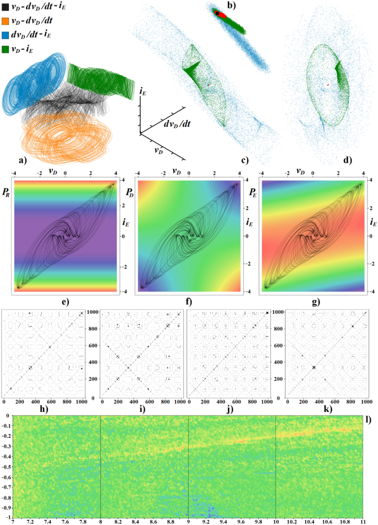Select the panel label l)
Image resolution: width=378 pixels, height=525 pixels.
point(369,420)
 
